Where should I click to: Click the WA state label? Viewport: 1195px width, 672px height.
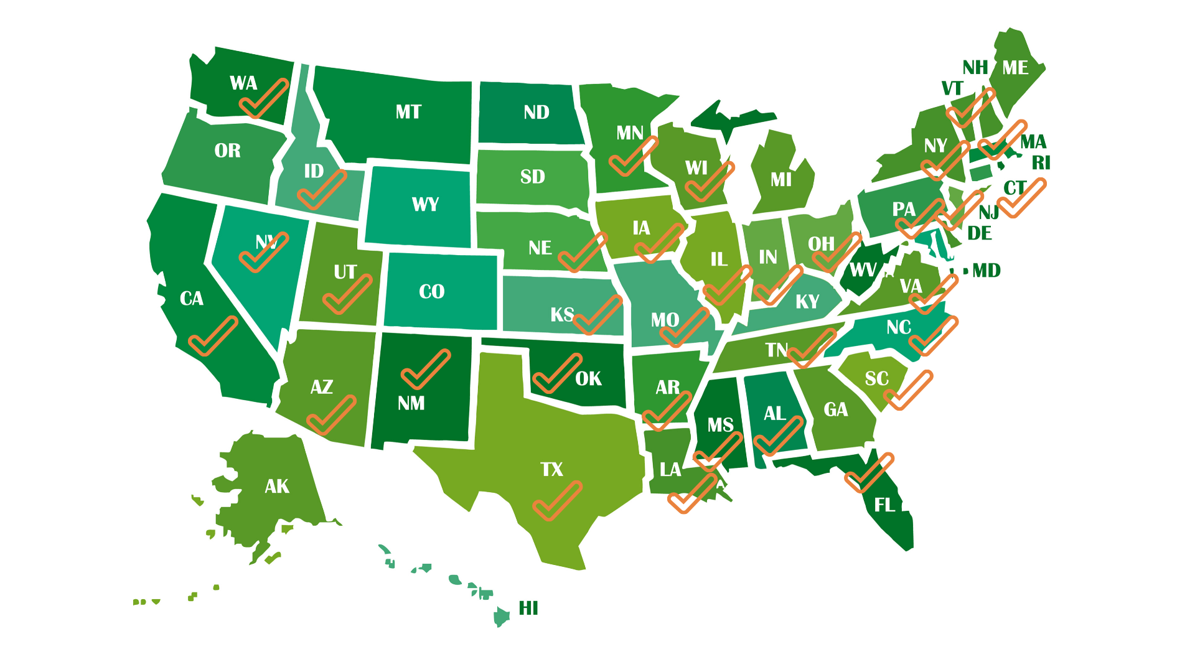point(243,83)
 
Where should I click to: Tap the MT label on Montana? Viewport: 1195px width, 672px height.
point(408,112)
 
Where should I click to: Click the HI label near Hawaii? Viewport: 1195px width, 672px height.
point(528,608)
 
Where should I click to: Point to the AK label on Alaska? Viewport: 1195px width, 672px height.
point(276,486)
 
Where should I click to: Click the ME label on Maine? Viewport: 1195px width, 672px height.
point(1015,68)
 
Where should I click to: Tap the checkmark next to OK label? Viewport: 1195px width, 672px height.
point(556,375)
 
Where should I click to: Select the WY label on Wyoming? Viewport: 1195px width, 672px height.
point(425,204)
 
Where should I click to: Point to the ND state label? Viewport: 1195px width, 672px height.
point(536,113)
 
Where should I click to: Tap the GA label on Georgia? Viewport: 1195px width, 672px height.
point(835,409)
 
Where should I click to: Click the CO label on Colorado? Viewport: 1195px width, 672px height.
point(431,291)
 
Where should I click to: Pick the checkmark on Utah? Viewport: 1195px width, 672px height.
point(346,295)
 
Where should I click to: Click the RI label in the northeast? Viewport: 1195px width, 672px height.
point(1041,163)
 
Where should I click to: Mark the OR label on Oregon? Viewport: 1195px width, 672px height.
point(227,151)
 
